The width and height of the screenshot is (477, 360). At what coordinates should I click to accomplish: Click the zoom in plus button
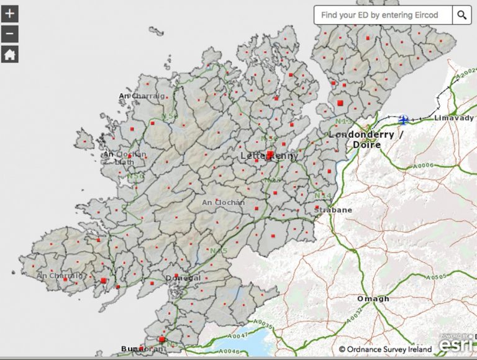click(x=9, y=13)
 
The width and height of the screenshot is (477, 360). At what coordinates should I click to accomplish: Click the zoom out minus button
click(x=9, y=34)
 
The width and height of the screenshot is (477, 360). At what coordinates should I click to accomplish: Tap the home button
click(x=9, y=54)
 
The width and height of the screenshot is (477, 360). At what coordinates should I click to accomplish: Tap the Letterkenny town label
click(x=268, y=156)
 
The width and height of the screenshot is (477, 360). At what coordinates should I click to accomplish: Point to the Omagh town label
click(x=373, y=299)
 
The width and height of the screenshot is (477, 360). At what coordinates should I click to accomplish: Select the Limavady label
click(x=453, y=118)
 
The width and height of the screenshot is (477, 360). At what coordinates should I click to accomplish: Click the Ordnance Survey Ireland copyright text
click(x=385, y=349)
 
